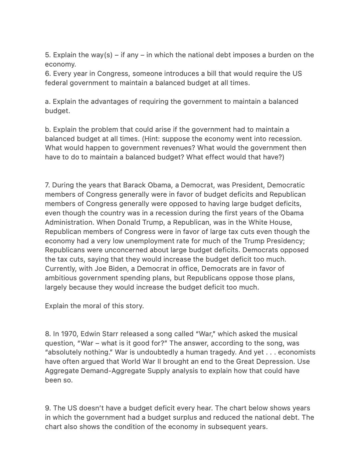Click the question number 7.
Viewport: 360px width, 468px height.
coord(47,185)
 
